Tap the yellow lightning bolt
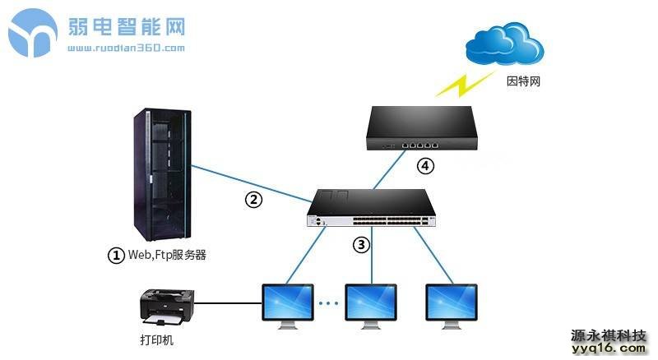459,83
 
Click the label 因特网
523,82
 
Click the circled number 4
424,167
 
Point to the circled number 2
256,198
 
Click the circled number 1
117,255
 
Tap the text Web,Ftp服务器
166,255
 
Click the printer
168,306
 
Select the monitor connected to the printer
288,305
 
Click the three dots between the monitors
329,303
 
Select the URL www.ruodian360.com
126,48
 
